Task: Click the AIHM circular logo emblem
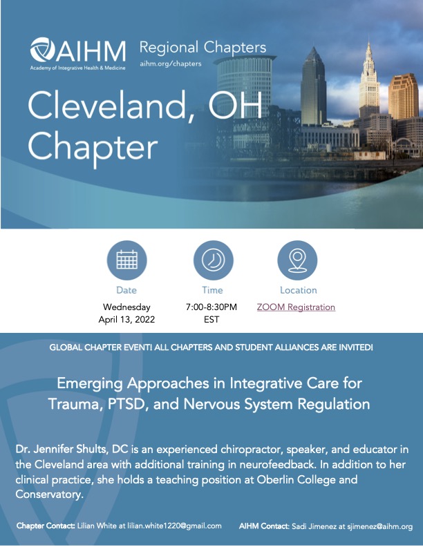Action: tap(43, 50)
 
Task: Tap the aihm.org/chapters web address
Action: tap(171, 64)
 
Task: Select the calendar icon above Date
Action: tap(126, 260)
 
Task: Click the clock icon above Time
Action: tap(214, 260)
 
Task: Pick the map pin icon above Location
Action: tap(297, 260)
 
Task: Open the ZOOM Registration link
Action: tap(296, 307)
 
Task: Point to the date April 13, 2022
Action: tap(126, 320)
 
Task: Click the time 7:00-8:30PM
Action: tap(211, 307)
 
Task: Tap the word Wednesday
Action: tap(126, 307)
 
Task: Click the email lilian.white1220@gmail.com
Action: tap(174, 526)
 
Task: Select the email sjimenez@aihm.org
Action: tap(379, 526)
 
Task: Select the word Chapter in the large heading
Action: tap(93, 147)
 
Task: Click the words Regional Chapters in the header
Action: tap(203, 48)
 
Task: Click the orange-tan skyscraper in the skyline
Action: tap(403, 97)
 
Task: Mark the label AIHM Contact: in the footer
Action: tap(264, 526)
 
